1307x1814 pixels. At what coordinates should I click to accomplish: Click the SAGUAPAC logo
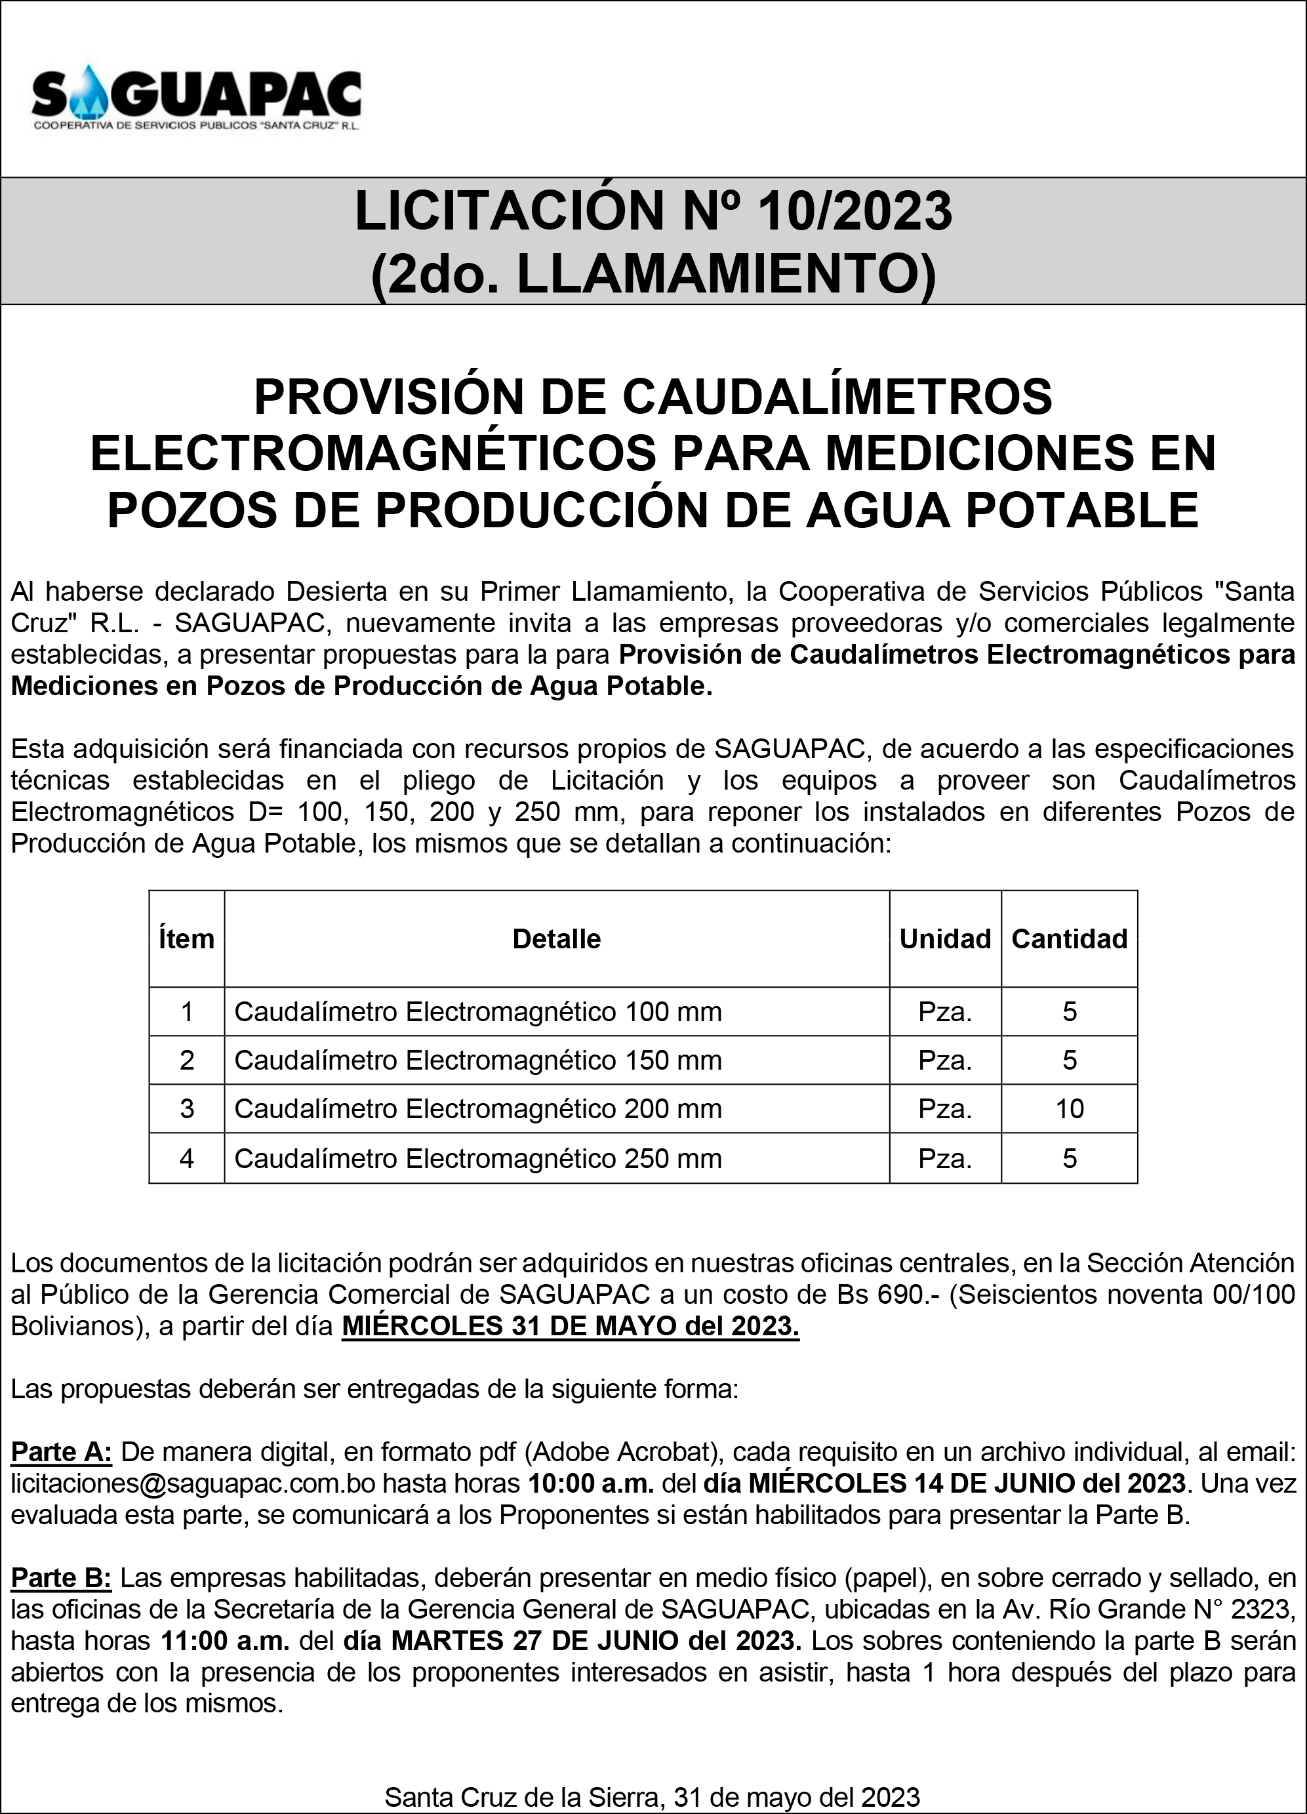pos(197,100)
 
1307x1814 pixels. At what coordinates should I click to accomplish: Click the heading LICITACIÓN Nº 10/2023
pos(653,212)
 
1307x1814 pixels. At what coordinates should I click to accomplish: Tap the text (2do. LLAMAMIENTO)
pos(653,273)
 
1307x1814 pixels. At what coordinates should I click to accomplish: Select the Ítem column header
pos(186,938)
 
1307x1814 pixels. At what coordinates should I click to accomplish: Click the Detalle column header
pos(556,938)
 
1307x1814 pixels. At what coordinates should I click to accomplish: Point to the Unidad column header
pos(944,938)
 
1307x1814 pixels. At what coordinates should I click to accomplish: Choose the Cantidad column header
pos(1069,938)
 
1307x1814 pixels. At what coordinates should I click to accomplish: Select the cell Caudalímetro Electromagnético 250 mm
pos(477,1158)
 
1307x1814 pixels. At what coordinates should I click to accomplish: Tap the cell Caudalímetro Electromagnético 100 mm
pos(477,1012)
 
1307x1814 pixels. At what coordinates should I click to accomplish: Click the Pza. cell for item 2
pos(944,1060)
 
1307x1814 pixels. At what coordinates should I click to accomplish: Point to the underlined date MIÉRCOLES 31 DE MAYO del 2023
pos(571,1326)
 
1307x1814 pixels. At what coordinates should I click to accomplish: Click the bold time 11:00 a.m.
pos(226,1640)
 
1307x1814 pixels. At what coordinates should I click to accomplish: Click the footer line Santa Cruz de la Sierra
pos(652,1796)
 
